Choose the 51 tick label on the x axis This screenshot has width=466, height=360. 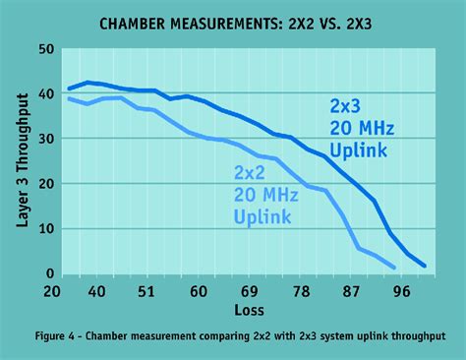146,291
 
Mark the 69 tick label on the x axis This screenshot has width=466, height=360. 251,291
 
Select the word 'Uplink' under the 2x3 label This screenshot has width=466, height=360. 360,150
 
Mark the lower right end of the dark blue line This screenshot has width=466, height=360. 425,267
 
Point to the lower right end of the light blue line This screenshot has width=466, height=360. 394,268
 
